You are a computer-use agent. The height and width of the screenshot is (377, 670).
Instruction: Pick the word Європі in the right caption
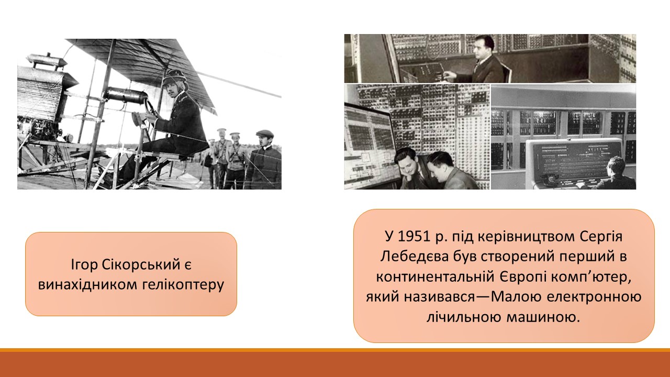pos(522,277)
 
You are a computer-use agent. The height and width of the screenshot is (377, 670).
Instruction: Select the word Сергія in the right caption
pos(601,237)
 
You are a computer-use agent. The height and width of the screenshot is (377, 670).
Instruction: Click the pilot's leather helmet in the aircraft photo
pos(174,77)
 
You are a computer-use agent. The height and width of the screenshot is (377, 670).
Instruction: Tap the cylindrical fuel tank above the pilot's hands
pos(127,94)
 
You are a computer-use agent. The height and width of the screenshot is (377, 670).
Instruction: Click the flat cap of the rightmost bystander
pos(265,133)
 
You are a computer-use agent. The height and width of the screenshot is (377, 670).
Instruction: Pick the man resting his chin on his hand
pos(410,168)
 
